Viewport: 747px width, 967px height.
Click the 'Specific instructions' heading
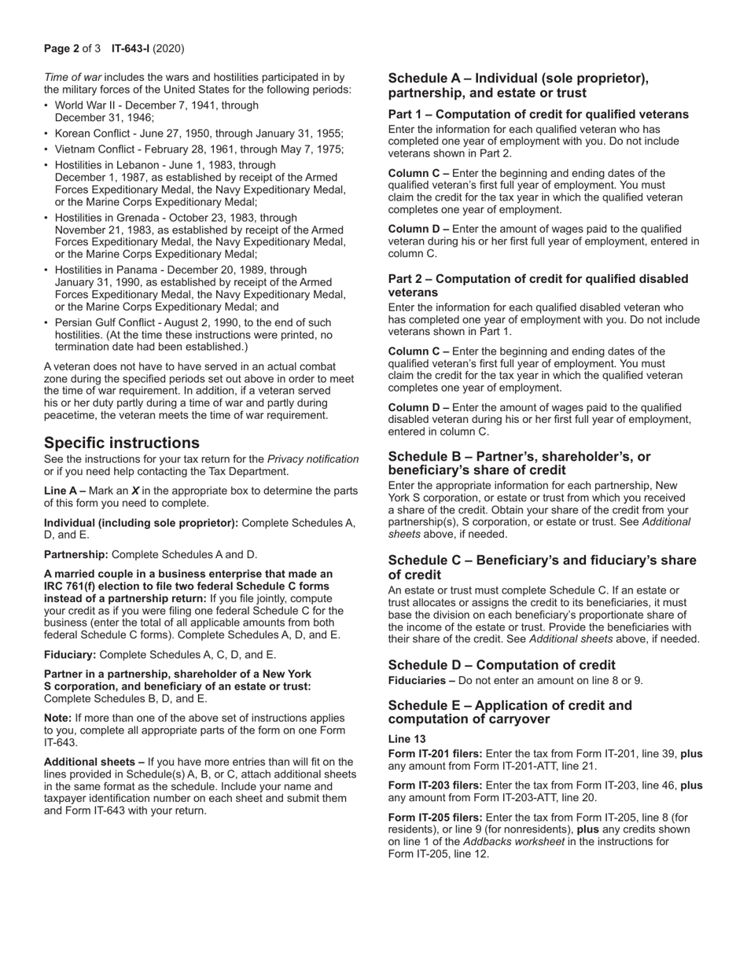(x=121, y=443)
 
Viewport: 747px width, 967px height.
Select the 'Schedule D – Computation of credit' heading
(x=502, y=664)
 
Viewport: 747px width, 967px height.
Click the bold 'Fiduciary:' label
(x=70, y=654)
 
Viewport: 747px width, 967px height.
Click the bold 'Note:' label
(x=58, y=718)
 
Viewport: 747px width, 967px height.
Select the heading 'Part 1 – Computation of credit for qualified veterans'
(x=538, y=115)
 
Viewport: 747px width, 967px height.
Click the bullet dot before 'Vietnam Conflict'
(x=46, y=150)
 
